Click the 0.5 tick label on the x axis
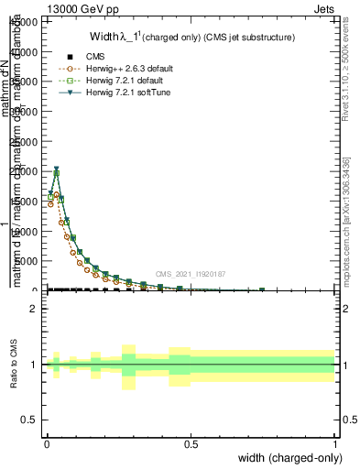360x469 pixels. pyautogui.click(x=191, y=443)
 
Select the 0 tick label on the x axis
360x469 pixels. pyautogui.click(x=46, y=443)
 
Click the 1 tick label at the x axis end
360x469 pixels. pyautogui.click(x=335, y=443)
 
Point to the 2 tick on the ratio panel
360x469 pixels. pyautogui.click(x=33, y=309)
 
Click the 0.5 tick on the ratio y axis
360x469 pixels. pyautogui.click(x=29, y=419)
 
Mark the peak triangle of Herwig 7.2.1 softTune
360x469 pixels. pyautogui.click(x=56, y=169)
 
